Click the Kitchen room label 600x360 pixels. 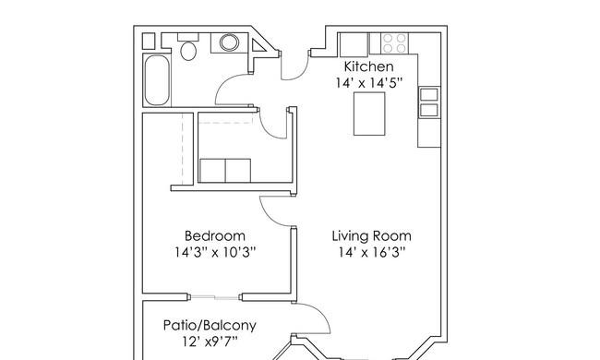click(x=368, y=66)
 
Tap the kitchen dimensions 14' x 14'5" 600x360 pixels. click(x=369, y=83)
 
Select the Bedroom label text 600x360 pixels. click(x=215, y=235)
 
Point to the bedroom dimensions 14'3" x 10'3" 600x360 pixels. click(x=215, y=253)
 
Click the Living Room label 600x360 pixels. click(x=372, y=235)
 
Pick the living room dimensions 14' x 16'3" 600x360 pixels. click(x=372, y=253)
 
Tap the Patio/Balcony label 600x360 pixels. click(x=210, y=326)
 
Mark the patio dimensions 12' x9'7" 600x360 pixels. click(x=210, y=342)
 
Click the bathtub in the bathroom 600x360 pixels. click(x=157, y=80)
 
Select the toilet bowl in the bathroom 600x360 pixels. click(x=188, y=51)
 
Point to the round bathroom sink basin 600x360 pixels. click(x=229, y=42)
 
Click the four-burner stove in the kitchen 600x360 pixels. click(x=394, y=43)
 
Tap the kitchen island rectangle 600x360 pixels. click(x=369, y=114)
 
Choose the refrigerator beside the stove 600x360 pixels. click(x=354, y=44)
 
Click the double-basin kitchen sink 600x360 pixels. click(x=429, y=102)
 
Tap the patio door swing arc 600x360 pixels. click(x=321, y=314)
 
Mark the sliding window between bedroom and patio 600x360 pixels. click(x=215, y=297)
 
